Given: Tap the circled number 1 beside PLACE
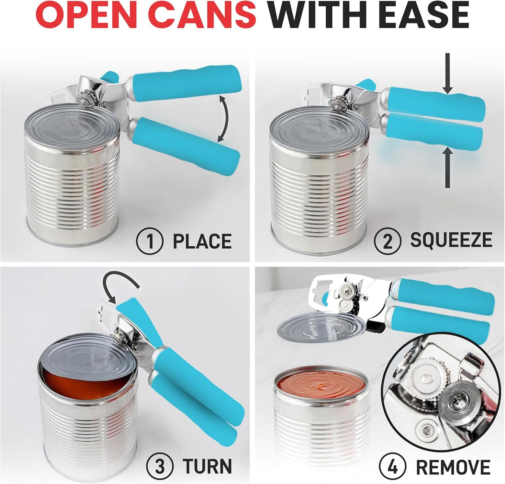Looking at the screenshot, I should pyautogui.click(x=150, y=242).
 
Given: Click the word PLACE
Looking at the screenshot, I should pyautogui.click(x=202, y=242).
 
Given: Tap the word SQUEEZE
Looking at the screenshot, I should pyautogui.click(x=451, y=240).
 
